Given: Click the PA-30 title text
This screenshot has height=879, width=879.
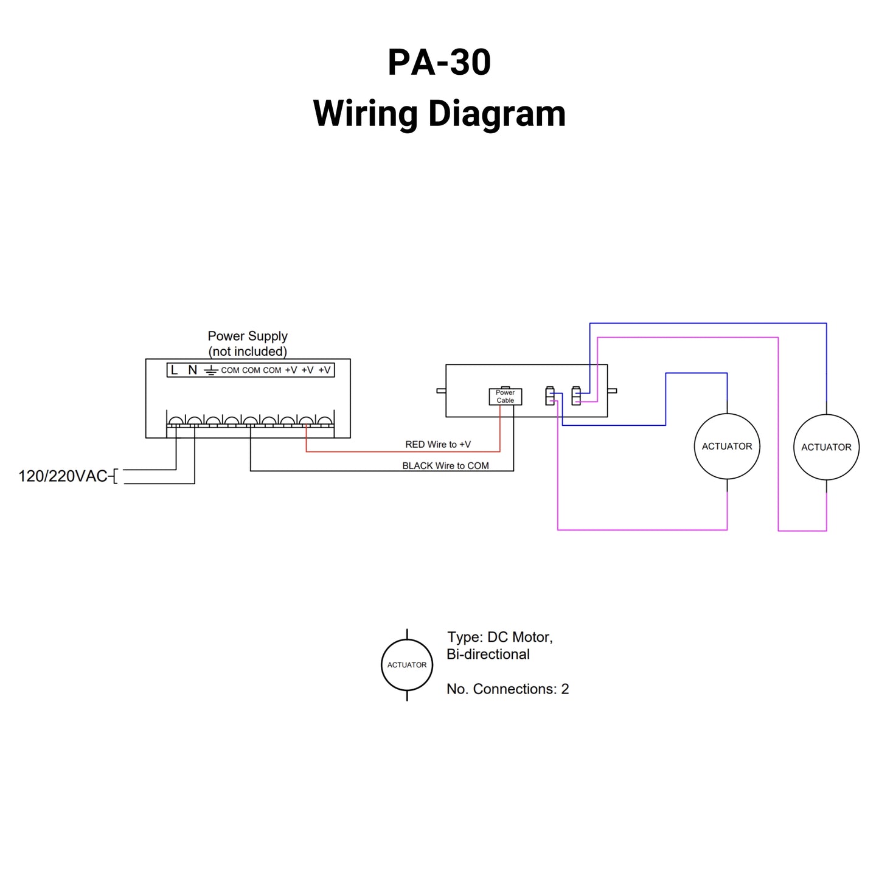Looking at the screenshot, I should coord(439,62).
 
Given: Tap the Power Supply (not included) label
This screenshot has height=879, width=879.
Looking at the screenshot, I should coord(247,344).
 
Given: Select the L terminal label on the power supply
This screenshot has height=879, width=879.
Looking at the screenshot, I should coord(175,370).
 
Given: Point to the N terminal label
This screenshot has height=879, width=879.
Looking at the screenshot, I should coord(192,370).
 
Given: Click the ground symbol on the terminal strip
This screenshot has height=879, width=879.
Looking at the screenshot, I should coord(210,370).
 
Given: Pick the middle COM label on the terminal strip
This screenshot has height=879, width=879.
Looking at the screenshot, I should coord(251,370).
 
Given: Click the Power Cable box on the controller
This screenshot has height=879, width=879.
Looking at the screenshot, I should coord(505,397).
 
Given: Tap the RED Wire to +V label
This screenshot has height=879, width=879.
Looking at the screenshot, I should coord(437,445).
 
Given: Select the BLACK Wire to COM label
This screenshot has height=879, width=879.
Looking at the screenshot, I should coord(445,466).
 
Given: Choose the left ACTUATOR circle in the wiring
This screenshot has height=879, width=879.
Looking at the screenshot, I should coord(727,446).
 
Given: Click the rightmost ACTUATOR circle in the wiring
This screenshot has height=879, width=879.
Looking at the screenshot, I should coord(826,447).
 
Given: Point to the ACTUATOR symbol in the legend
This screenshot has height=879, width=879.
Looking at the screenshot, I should coord(407,665).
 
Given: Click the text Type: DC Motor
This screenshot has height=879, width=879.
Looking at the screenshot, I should coord(499,637).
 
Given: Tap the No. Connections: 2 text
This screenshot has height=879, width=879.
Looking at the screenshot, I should coord(507,689).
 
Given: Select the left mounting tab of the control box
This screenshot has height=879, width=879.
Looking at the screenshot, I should coord(441,391).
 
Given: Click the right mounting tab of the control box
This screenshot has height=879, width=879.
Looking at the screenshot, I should coord(612,391).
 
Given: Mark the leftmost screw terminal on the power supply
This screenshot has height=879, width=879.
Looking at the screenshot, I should coord(176,421).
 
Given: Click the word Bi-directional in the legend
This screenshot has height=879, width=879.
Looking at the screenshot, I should coord(488,655).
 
